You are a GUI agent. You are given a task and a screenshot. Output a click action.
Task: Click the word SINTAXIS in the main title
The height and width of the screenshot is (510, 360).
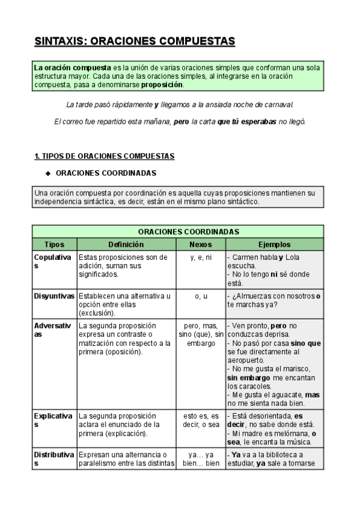point(59,41)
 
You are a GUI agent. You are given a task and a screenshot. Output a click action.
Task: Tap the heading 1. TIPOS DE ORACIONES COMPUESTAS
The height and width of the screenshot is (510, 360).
point(105,156)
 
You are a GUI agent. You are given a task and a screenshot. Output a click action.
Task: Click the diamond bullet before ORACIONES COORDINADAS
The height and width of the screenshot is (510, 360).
point(48,173)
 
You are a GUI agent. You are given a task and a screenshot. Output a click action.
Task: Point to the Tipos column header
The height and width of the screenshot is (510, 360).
point(54,245)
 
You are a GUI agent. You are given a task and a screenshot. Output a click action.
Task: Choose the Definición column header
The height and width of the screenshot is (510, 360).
point(126,245)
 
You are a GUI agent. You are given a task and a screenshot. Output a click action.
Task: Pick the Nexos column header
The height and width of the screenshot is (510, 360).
point(200,245)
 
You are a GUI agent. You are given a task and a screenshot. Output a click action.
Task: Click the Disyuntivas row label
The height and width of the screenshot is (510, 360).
point(54,296)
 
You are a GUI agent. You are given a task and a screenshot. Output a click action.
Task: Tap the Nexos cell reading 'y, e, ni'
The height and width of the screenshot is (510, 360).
point(200,257)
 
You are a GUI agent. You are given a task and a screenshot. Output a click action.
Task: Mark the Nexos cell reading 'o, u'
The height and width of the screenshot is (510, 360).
point(200,296)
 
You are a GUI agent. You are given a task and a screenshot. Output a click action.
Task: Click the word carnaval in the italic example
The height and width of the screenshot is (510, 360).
point(280,105)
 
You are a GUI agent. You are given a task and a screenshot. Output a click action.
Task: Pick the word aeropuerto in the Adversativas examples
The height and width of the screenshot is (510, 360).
point(248,360)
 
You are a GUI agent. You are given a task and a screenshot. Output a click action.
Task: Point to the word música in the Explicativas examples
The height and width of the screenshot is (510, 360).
point(304,441)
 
